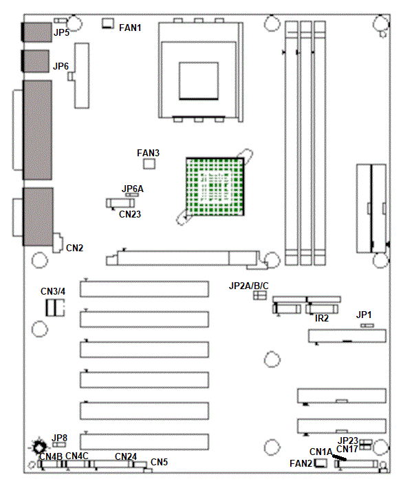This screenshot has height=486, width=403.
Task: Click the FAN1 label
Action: [130, 28]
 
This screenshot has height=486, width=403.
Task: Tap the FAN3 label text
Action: [148, 153]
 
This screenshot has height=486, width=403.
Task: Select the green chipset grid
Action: [215, 187]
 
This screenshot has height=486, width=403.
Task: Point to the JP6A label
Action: [133, 189]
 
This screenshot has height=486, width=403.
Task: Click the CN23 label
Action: [130, 214]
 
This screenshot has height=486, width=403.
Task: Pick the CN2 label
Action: [75, 248]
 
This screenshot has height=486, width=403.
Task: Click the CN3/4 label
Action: [53, 291]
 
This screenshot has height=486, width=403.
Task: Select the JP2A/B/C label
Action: [249, 286]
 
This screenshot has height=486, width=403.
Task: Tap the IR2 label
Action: [322, 318]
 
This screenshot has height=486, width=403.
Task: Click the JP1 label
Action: [364, 315]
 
